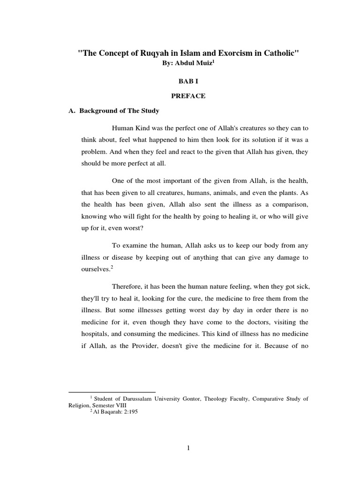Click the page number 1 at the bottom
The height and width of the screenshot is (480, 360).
pyautogui.click(x=188, y=448)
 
